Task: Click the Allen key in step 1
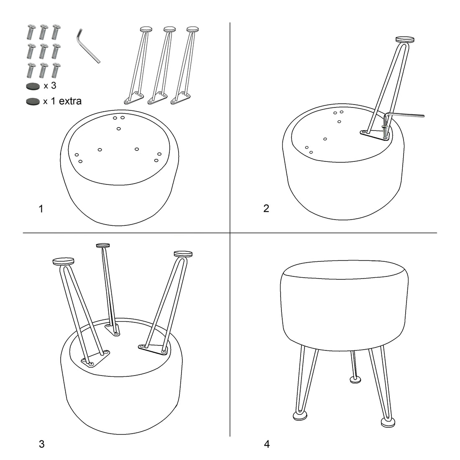coord(88,47)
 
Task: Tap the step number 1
coord(41,209)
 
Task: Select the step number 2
coord(266,208)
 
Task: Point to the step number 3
coord(41,444)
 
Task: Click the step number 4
coord(267,444)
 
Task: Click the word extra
coord(70,101)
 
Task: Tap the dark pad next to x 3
coord(33,87)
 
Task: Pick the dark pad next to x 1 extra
coord(33,102)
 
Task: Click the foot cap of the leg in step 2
coord(405,40)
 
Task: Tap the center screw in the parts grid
coord(43,51)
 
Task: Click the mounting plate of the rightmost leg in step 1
coord(180,98)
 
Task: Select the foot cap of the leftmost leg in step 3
coord(64,261)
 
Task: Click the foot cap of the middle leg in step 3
coord(103,245)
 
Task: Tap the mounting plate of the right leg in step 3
coord(153,349)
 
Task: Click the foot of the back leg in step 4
coord(355,380)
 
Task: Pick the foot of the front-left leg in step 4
coord(300,416)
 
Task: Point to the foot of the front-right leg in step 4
coord(388,422)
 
